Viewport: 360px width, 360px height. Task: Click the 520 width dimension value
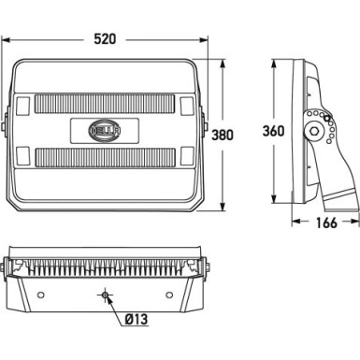(105, 39)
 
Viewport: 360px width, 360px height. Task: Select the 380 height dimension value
(223, 136)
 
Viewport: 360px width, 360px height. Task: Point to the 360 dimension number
(273, 131)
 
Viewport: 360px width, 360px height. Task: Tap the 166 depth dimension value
(326, 223)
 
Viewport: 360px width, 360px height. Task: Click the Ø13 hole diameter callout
(137, 319)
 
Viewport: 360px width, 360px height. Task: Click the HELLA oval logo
(105, 131)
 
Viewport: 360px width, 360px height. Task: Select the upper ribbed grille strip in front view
(105, 104)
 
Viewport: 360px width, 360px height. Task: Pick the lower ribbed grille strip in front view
(105, 157)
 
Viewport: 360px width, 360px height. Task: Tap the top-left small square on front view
(22, 106)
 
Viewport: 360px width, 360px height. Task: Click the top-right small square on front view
(187, 106)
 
